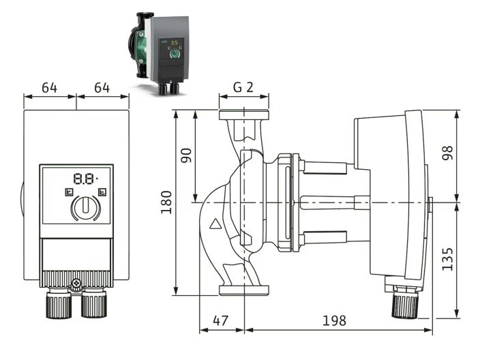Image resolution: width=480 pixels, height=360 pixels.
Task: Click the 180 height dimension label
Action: [166, 202]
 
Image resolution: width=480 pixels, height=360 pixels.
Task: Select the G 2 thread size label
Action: [243, 87]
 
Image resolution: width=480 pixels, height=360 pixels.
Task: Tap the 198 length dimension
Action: [335, 320]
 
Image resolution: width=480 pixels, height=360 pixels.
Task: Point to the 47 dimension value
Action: [220, 320]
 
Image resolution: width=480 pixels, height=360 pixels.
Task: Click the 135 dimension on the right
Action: [447, 259]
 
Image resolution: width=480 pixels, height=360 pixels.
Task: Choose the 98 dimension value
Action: [447, 153]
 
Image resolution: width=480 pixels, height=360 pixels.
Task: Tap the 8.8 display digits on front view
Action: [85, 179]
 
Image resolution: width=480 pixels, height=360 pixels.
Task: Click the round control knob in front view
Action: [85, 207]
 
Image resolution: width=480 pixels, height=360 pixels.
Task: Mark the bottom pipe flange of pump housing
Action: [244, 290]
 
